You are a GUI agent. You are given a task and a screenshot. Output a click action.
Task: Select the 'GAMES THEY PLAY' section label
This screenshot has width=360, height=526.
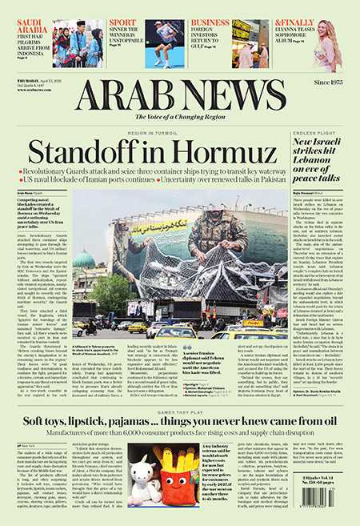coord(178,407)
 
